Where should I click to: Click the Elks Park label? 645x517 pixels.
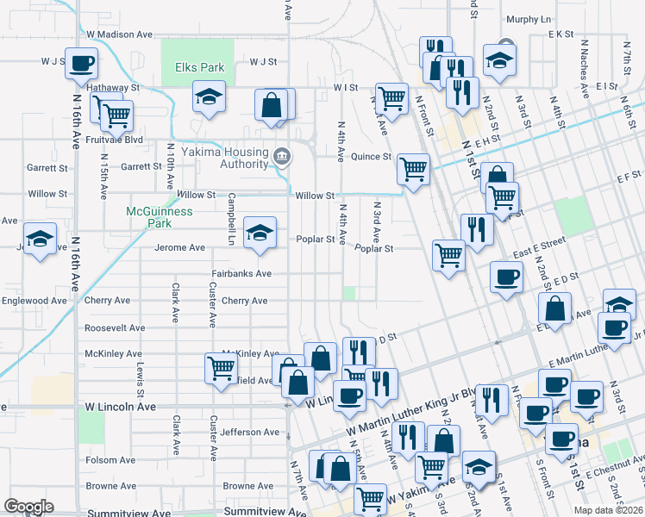[x=199, y=67]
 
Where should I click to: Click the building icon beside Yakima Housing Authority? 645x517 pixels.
[x=281, y=156]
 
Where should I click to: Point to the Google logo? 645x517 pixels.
[x=28, y=507]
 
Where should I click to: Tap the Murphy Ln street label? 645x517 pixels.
[x=529, y=19]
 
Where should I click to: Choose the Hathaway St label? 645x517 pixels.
[x=111, y=88]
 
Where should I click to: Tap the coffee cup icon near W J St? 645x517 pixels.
[x=81, y=63]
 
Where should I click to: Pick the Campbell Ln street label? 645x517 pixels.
[x=232, y=215]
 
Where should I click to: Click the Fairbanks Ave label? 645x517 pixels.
[x=242, y=274]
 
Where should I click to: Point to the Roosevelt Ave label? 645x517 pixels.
[x=114, y=328]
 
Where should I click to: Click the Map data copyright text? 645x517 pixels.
[x=608, y=510]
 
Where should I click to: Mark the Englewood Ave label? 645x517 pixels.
[x=34, y=302]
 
